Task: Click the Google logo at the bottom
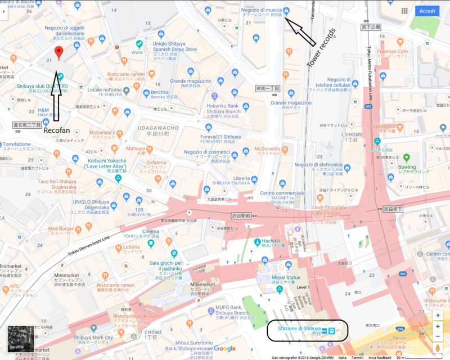(224, 349)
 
